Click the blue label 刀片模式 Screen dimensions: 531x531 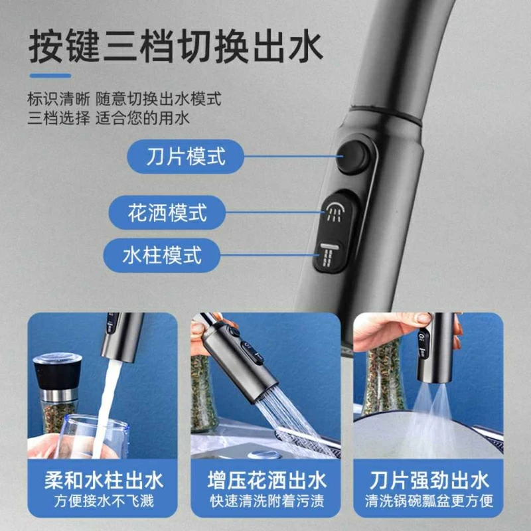tap(185, 157)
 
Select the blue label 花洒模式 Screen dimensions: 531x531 tap(167, 212)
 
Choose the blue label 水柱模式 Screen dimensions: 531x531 tap(162, 256)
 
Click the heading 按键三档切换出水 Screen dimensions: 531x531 tap(175, 46)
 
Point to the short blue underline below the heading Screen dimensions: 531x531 tap(50, 76)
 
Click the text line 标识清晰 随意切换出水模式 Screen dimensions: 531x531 tap(124, 99)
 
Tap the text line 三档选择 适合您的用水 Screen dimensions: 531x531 tap(108, 118)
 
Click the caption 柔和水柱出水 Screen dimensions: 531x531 tap(104, 481)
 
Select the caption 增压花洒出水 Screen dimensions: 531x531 tap(267, 481)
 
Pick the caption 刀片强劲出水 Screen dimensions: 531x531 tap(429, 481)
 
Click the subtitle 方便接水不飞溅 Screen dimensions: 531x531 tap(104, 501)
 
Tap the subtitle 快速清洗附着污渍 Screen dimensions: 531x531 tap(267, 501)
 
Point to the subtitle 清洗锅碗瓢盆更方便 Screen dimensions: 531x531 tap(429, 501)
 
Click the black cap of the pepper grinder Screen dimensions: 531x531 tap(58, 372)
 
